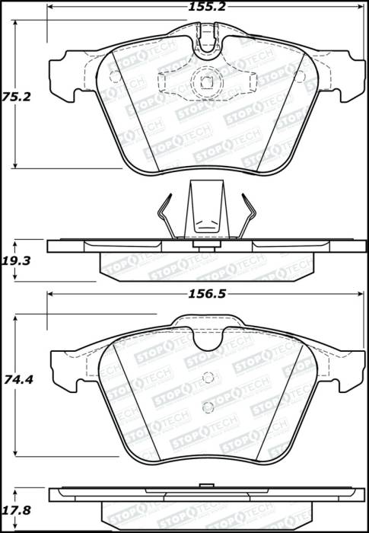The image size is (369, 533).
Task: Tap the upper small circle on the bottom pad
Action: click(x=207, y=374)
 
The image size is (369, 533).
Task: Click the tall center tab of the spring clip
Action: click(x=206, y=209)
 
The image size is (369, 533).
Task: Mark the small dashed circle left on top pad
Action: click(x=114, y=75)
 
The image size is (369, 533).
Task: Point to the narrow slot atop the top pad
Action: click(x=206, y=34)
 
